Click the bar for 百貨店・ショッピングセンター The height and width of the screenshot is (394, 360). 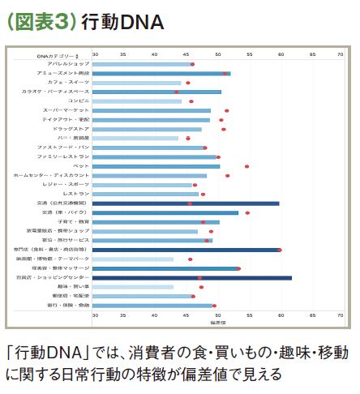pyautogui.click(x=192, y=277)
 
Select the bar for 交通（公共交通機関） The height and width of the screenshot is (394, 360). pyautogui.click(x=186, y=203)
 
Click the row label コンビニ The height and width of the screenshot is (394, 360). pyautogui.click(x=79, y=101)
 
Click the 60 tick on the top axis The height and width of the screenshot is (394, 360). pyautogui.click(x=281, y=55)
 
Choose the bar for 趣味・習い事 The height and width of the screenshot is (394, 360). pyautogui.click(x=133, y=287)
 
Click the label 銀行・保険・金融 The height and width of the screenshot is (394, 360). pyautogui.click(x=72, y=305)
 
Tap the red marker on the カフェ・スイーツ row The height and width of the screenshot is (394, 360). pyautogui.click(x=188, y=83)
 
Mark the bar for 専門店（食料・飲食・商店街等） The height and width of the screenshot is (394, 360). pyautogui.click(x=186, y=250)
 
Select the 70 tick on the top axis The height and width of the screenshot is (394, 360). pyautogui.click(x=341, y=55)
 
